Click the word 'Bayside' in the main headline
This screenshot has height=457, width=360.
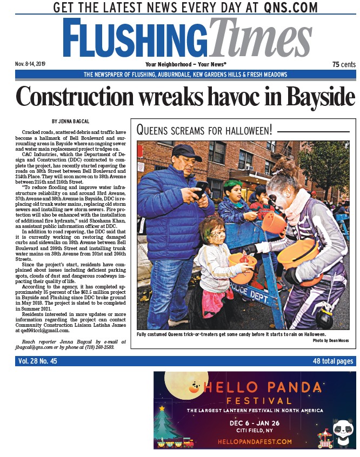pyautogui.click(x=320, y=97)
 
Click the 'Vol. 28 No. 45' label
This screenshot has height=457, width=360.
pyautogui.click(x=37, y=361)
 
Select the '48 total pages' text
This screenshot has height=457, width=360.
pyautogui.click(x=332, y=361)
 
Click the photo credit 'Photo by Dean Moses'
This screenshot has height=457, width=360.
pyautogui.click(x=333, y=341)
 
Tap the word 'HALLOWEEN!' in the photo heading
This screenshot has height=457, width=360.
pyautogui.click(x=243, y=130)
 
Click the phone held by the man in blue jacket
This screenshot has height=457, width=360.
pyautogui.click(x=202, y=187)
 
